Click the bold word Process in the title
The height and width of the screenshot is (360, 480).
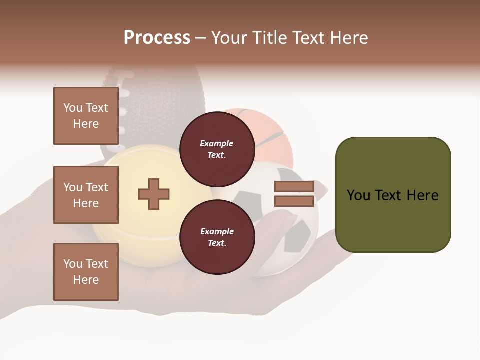(157, 38)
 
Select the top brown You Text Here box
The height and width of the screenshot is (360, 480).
(86, 116)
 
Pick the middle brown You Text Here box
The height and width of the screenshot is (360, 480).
(86, 195)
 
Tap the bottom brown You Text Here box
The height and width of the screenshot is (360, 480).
(86, 272)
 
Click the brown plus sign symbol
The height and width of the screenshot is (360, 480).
(154, 194)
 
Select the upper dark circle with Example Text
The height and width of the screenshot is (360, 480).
(217, 149)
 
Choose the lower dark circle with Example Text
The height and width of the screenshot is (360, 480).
(217, 237)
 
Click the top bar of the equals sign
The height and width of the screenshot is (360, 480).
(294, 187)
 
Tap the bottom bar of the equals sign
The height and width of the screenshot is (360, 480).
(294, 201)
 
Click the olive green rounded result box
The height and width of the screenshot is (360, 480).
(393, 195)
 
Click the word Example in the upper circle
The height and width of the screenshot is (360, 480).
(217, 143)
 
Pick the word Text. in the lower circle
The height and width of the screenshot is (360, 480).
(217, 243)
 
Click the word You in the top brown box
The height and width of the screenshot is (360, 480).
(73, 108)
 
